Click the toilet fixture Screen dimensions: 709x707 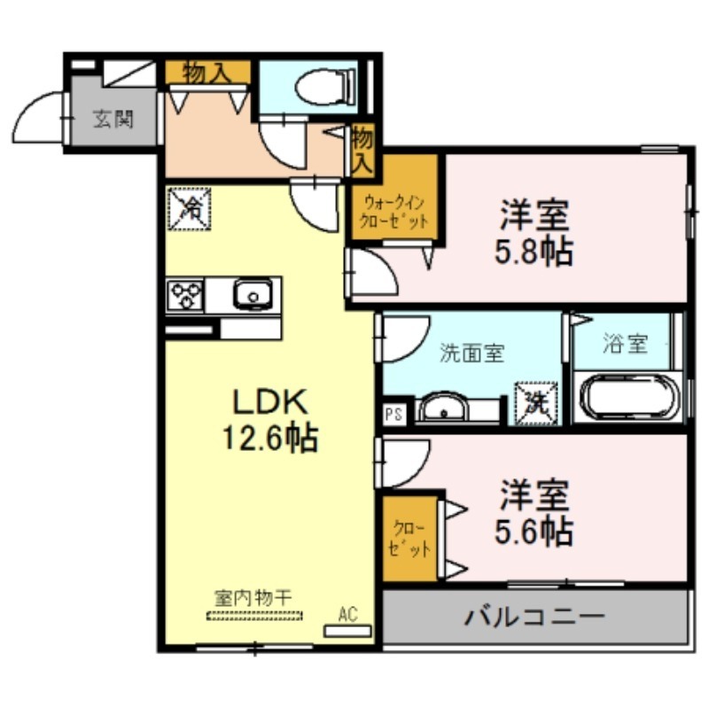[325, 87]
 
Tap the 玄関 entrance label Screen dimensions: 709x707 [113, 120]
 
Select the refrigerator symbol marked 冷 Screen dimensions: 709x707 [190, 208]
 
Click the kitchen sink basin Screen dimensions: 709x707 [253, 294]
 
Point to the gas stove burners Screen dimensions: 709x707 [185, 295]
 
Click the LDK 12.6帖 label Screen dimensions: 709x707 [270, 420]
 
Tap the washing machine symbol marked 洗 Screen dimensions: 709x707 [537, 403]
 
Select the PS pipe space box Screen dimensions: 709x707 [394, 414]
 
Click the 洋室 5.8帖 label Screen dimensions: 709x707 [534, 232]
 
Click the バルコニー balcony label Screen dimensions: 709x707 [535, 617]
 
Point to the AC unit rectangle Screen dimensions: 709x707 [347, 631]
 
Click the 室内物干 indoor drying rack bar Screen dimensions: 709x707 [254, 615]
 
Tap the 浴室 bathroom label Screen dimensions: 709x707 [626, 344]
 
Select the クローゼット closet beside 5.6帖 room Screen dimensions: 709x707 [410, 539]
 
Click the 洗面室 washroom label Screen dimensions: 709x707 [472, 353]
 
